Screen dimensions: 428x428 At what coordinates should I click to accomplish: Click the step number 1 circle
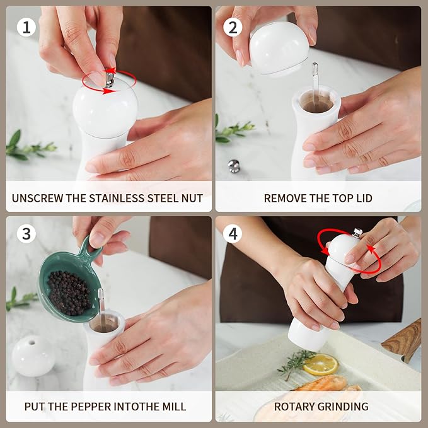26,27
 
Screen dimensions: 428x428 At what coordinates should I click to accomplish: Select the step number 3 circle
26,234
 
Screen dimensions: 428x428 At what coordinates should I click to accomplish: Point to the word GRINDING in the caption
344,407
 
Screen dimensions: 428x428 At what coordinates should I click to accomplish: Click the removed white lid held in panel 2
279,48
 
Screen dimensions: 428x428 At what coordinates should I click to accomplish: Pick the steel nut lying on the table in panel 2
234,166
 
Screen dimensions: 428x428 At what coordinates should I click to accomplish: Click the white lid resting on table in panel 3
33,356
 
